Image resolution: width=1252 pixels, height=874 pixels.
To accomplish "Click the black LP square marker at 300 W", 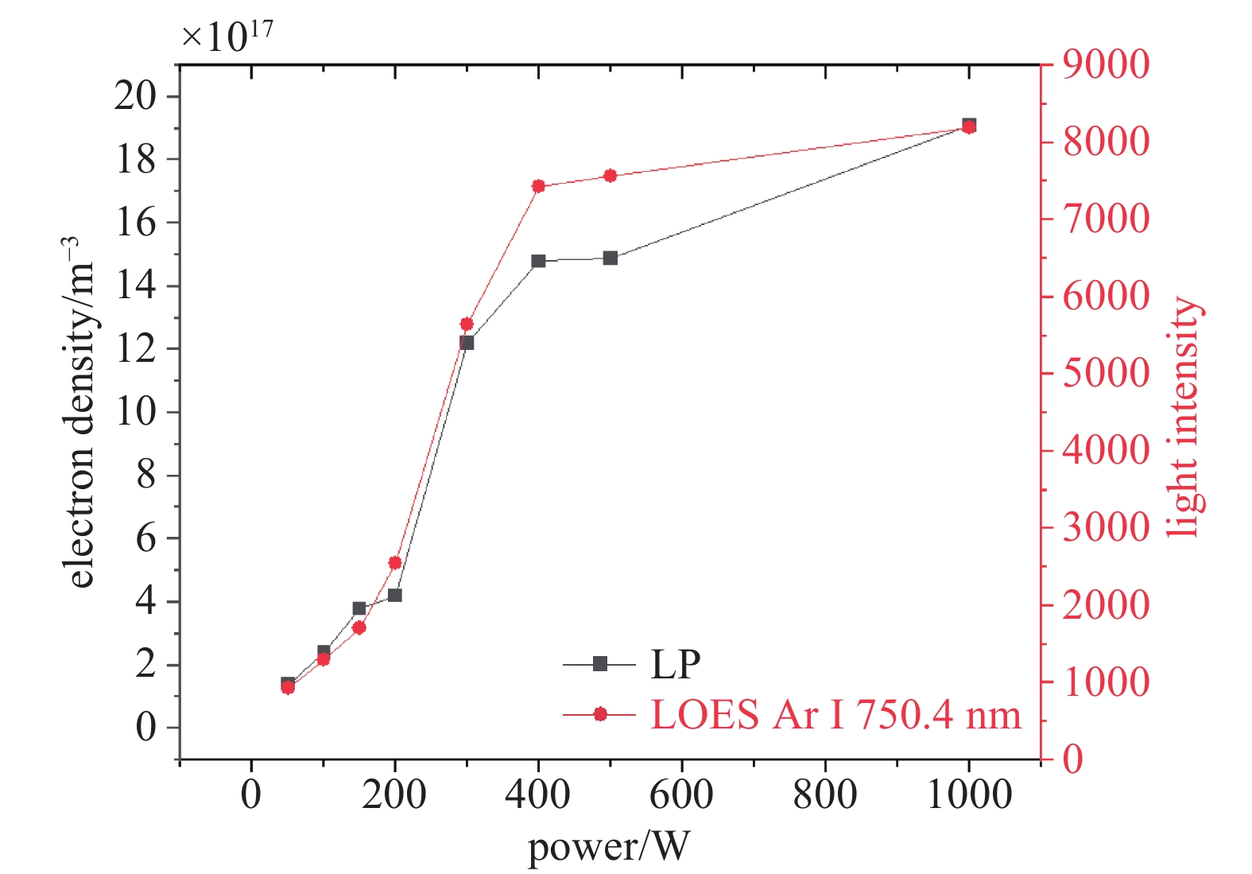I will coord(467,343).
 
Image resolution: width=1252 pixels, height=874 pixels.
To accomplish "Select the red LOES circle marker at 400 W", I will coord(538,186).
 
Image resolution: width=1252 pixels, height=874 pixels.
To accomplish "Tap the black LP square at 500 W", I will coord(610,258).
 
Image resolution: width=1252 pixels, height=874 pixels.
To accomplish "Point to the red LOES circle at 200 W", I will coord(395,563).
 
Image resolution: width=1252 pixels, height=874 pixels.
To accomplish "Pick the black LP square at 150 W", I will coord(359,608).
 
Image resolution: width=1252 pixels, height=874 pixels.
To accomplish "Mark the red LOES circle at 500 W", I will coord(610,176).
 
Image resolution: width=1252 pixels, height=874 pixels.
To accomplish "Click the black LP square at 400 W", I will coord(538,261).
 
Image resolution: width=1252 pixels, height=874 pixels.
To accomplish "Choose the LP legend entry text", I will coord(675,665).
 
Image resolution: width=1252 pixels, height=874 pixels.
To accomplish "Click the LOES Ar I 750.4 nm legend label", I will coord(835,715).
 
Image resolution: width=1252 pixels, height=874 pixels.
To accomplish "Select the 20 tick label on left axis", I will coord(135,96).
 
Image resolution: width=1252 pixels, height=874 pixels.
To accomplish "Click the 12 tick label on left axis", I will coord(135,349).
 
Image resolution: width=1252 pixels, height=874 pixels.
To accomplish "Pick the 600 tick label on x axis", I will coord(682,795).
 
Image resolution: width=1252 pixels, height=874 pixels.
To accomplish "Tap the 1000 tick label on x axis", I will coord(969,795).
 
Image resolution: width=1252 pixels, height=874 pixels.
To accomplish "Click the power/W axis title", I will coord(609,847).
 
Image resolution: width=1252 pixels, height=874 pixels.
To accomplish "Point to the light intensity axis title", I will coord(1184,418).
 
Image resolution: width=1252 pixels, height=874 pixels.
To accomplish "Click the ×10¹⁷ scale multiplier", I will coord(227,36).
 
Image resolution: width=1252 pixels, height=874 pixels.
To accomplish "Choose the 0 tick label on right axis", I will coord(1073,759).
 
